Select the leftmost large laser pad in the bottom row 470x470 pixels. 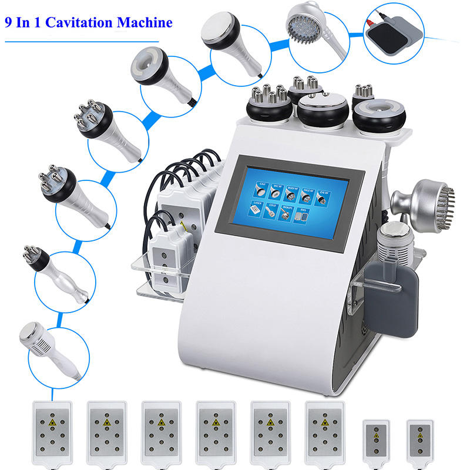tap(53, 428)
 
